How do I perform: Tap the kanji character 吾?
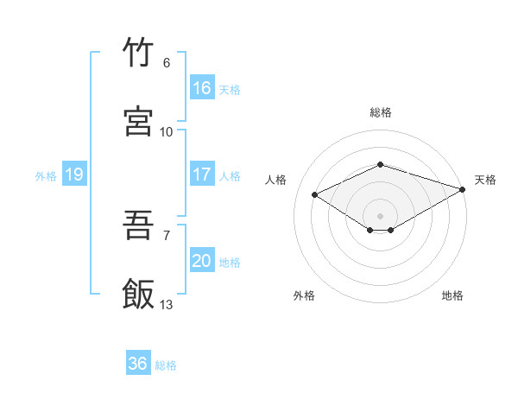coord(138,226)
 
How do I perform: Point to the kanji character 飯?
coord(138,293)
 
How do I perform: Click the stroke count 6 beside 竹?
coord(166,63)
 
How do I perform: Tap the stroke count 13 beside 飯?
coord(167,304)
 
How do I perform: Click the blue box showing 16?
coord(201,88)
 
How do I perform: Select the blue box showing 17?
coord(201,174)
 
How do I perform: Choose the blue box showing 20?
coord(201,261)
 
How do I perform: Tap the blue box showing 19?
coord(74,174)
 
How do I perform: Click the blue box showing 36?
coord(137,364)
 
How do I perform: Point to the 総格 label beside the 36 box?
coord(166,365)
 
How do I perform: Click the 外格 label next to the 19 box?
coord(46,176)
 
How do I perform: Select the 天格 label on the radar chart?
coord(485,180)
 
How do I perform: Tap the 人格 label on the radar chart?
coord(276,180)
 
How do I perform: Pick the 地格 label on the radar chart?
coord(452,295)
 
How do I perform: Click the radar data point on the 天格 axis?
coord(464,189)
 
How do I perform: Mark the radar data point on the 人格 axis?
coord(315,195)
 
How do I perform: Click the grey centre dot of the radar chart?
coord(380,215)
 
